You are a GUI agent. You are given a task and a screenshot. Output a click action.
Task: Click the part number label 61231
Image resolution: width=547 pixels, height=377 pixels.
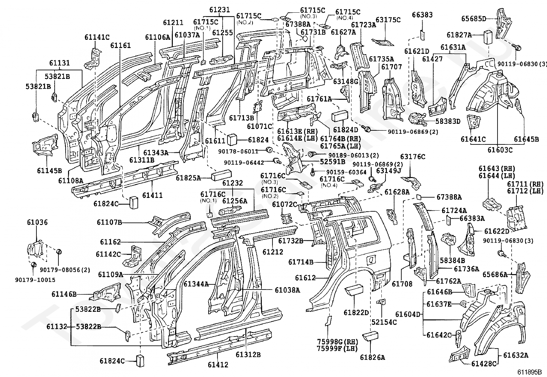[x=220, y=10]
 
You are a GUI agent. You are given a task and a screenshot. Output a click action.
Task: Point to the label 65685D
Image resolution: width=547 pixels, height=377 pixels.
[x=474, y=19]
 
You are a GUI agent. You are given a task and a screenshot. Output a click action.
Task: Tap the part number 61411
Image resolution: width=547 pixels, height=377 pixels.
[x=152, y=195]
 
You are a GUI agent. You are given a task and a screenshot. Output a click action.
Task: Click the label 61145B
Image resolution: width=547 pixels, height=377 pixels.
[x=49, y=170]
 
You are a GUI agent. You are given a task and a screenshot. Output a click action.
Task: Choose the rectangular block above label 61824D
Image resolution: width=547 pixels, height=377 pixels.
[x=340, y=116]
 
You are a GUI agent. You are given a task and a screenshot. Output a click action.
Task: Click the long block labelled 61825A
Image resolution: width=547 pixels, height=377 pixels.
[x=221, y=175]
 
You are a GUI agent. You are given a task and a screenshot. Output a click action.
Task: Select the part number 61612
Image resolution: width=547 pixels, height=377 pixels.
[x=305, y=278]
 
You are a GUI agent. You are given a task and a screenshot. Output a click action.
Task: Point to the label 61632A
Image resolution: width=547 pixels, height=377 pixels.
[x=516, y=355]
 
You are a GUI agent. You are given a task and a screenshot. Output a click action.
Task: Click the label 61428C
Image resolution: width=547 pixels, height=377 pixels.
[x=484, y=364]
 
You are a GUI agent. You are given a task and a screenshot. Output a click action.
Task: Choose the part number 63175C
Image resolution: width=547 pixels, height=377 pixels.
[x=388, y=20]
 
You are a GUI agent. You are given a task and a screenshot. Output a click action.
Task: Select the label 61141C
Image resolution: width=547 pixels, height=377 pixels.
[x=97, y=37]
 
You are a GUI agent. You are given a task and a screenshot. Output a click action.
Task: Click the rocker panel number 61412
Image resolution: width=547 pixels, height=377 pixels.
[x=218, y=365]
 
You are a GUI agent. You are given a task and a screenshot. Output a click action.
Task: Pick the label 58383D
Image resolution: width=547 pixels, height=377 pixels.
[x=448, y=121]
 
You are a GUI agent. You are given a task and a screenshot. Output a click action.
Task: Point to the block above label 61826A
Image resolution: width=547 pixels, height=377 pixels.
[x=370, y=336]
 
